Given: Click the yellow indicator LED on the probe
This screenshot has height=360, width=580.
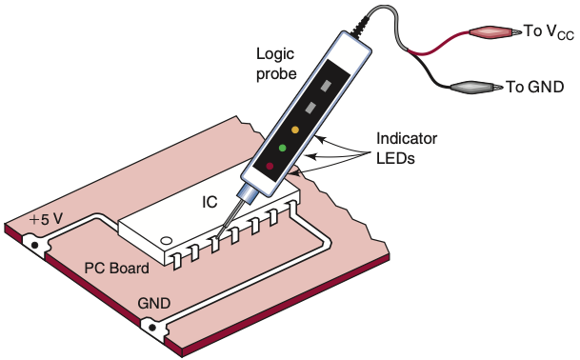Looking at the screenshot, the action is coord(295,130).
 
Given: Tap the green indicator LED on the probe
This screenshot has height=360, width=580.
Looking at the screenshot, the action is coord(282,148).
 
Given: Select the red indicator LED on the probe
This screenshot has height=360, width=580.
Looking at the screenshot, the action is coord(270,166).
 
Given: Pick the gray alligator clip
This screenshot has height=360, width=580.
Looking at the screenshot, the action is coord(476,87).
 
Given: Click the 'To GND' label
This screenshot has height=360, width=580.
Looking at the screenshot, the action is coord(534,87).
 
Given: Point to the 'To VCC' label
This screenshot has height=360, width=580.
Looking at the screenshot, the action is coord(549,32).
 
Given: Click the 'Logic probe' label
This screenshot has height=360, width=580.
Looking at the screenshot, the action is coord(276,64).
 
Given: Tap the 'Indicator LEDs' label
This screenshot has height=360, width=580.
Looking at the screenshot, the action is coord(407,148).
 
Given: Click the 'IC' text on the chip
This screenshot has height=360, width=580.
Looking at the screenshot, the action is coord(210,202).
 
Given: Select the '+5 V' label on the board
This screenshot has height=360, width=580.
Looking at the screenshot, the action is coord(46,219).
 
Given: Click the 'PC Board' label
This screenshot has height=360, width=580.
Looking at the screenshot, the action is coord(116,268).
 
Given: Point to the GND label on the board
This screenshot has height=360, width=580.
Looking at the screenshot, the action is coord(154,304).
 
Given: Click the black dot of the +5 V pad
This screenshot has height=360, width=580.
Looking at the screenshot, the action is coord(35,245).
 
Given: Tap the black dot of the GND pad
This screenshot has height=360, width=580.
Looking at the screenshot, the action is coord(152,328).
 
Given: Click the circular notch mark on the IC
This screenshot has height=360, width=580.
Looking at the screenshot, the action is coord(166,241).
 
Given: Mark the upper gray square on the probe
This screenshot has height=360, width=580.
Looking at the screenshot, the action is coord(326,86).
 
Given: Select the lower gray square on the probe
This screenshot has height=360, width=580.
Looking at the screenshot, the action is coord(310,108).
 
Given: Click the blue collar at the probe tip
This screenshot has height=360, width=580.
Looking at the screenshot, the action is coord(246,194).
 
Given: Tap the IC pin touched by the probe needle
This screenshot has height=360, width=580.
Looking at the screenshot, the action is coord(215,245).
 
